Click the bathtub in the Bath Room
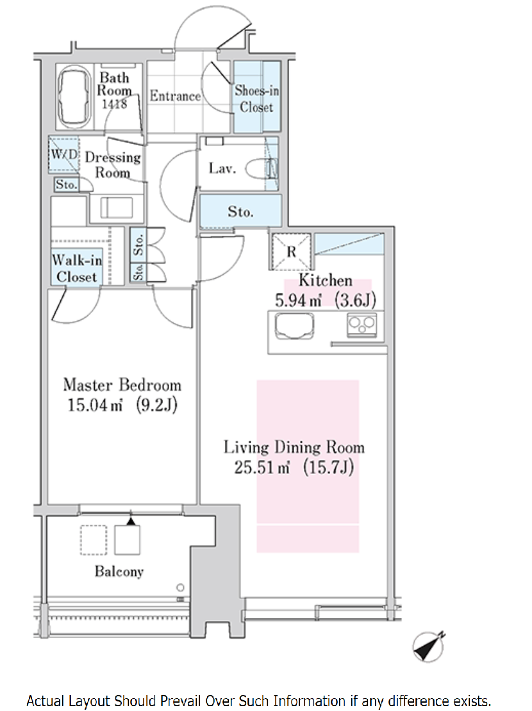pos(74,96)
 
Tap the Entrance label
pos(175,95)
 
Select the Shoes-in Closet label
pos(256,99)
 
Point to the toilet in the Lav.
pos(261,168)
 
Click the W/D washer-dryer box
pos(64,154)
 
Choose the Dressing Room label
pos(113,165)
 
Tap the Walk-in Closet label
pos(77,268)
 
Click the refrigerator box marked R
pos(291,251)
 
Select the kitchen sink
pos(295,326)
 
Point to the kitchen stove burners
pos(362,325)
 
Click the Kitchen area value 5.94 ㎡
pos(298,300)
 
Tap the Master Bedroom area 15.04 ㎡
pos(95,404)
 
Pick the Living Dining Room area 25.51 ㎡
pos(262,467)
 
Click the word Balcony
pos(119,571)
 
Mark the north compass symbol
pos(429,646)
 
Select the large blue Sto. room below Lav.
pos(240,211)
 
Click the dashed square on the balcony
pos(94,539)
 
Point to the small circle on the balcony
pos(180,587)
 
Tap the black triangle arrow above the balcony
pos(131,521)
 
